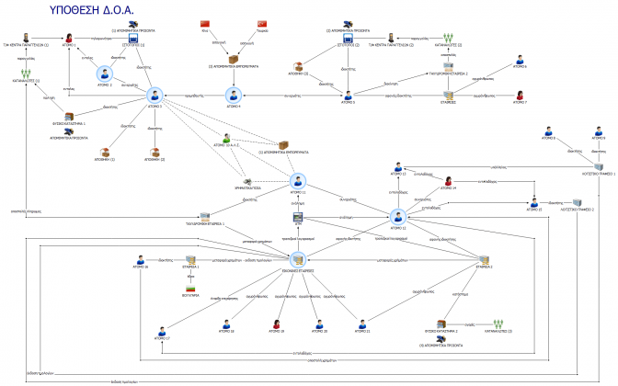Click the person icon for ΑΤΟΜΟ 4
coord(234,95)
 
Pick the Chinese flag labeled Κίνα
coord(205,22)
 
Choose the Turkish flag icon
coord(262,22)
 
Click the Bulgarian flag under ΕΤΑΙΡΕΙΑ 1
coord(191,293)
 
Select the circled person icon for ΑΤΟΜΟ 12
coord(397,217)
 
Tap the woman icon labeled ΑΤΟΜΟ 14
coord(448,181)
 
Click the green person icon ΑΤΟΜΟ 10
coord(219,137)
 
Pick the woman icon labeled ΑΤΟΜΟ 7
coord(520,95)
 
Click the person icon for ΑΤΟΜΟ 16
coord(141,259)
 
